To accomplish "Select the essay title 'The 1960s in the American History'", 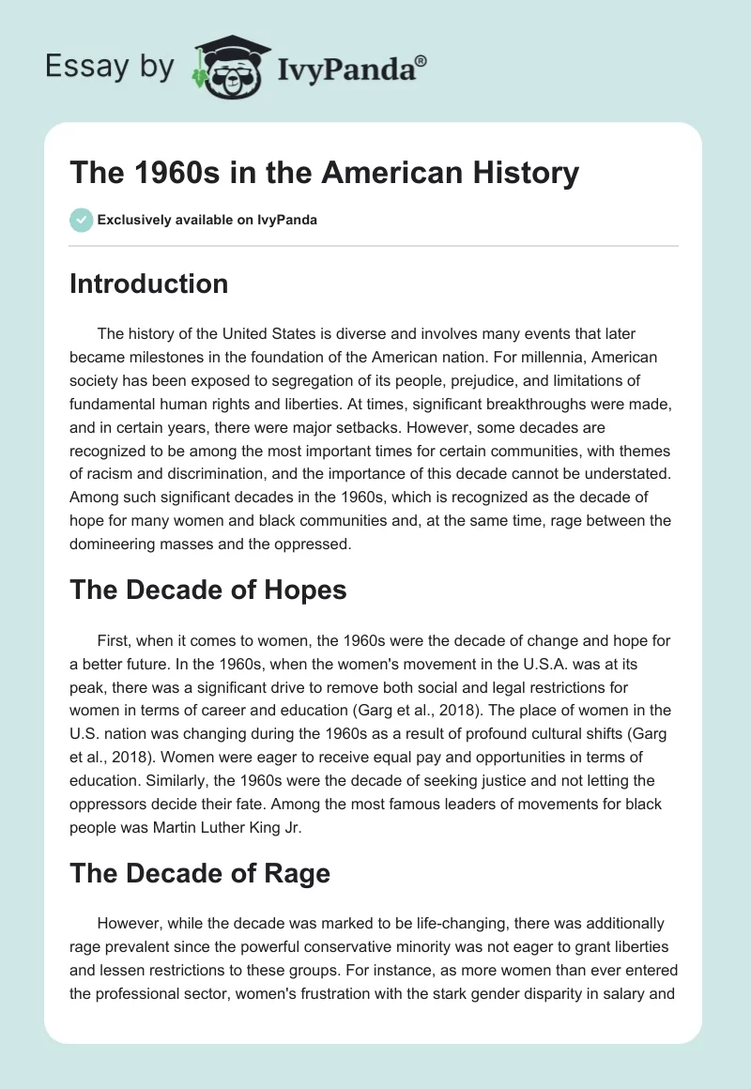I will (324, 174).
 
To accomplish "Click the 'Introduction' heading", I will (148, 284).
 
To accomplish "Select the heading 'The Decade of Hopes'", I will (207, 590).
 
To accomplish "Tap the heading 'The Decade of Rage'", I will (199, 873).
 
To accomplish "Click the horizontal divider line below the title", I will (374, 246).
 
